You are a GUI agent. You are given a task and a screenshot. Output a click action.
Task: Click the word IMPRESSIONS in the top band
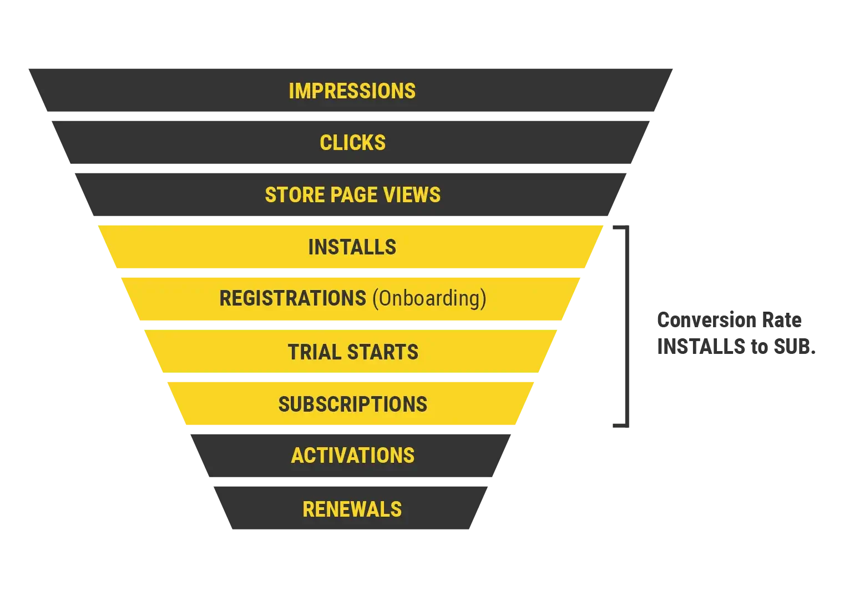352,91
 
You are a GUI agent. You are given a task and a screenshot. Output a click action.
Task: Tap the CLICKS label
352,143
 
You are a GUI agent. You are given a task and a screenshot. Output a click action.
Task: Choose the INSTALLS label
352,247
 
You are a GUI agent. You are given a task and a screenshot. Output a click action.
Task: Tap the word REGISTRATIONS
292,298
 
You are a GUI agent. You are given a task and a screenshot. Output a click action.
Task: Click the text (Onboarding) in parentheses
429,298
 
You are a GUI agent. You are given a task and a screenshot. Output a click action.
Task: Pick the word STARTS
383,352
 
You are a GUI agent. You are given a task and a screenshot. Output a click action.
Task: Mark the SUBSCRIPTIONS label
352,404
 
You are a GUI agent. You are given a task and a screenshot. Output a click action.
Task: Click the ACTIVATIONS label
352,456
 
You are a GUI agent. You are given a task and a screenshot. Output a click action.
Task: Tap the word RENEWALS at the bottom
352,509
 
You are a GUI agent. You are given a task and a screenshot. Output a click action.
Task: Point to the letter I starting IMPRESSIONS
291,91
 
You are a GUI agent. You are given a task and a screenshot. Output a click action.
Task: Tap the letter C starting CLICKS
326,143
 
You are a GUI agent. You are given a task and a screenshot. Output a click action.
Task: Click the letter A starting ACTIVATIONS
297,456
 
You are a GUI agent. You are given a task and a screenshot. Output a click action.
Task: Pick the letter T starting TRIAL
293,352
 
